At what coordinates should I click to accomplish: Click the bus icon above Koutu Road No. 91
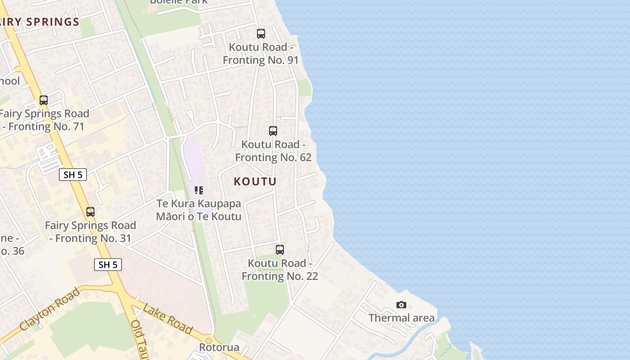(261, 34)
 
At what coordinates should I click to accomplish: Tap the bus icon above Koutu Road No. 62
(273, 131)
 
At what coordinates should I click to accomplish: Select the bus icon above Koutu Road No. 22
(280, 250)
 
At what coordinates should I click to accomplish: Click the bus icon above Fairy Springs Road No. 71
(44, 100)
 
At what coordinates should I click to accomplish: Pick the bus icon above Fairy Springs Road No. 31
(90, 212)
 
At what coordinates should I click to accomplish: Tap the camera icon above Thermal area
(401, 305)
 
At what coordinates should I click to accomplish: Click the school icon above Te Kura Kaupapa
(199, 190)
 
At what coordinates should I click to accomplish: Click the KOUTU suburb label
(255, 181)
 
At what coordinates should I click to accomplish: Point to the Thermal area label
(401, 318)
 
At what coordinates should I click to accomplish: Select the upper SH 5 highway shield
(73, 175)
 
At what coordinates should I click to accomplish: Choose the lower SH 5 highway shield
(108, 265)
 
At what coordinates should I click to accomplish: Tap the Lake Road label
(167, 319)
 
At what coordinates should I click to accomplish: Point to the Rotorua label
(219, 347)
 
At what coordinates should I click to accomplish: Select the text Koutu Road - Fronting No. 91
(261, 54)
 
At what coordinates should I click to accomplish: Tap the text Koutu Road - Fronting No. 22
(280, 270)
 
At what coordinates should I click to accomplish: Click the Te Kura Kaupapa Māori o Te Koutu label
(199, 210)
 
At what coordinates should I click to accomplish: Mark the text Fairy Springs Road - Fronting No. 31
(90, 232)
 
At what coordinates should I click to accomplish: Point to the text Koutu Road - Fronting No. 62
(273, 151)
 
